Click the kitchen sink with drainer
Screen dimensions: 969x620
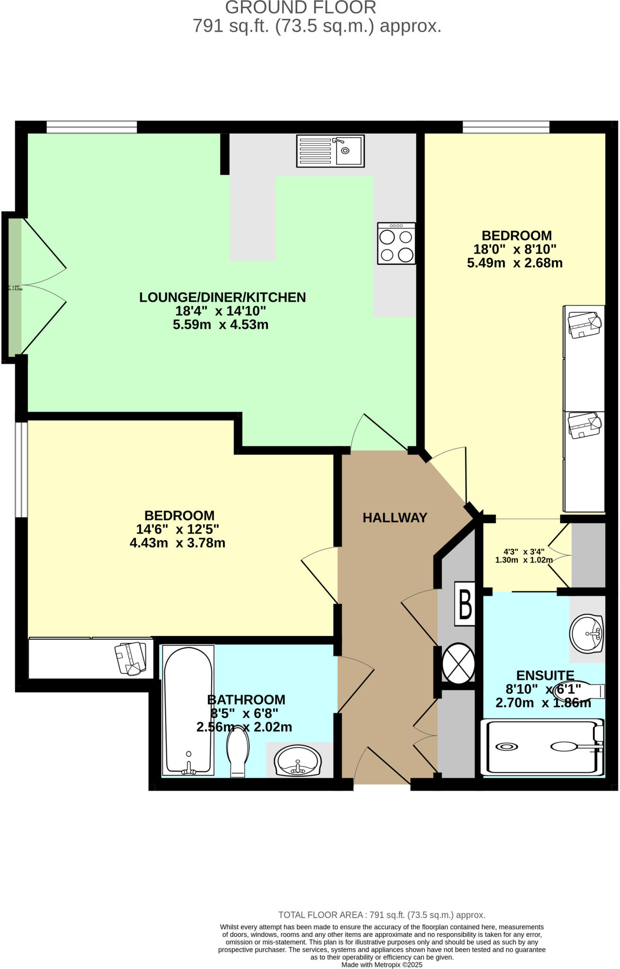coord(330,151)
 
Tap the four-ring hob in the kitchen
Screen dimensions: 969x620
coord(396,243)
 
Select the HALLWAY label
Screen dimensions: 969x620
coord(395,518)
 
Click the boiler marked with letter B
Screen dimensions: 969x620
coord(465,604)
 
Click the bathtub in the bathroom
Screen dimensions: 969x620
coord(188,710)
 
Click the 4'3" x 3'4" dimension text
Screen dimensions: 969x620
coord(523,552)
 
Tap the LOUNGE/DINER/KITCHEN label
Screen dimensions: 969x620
coord(222,298)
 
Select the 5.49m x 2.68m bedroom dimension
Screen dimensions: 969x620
coord(514,263)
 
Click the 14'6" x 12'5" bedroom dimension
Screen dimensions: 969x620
coord(177,529)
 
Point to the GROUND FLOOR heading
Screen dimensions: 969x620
coord(301,8)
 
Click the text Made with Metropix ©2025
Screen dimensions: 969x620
coord(381,965)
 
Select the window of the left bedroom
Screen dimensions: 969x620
coord(21,469)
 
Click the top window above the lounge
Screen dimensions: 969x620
coord(91,127)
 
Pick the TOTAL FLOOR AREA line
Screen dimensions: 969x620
coord(381,915)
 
